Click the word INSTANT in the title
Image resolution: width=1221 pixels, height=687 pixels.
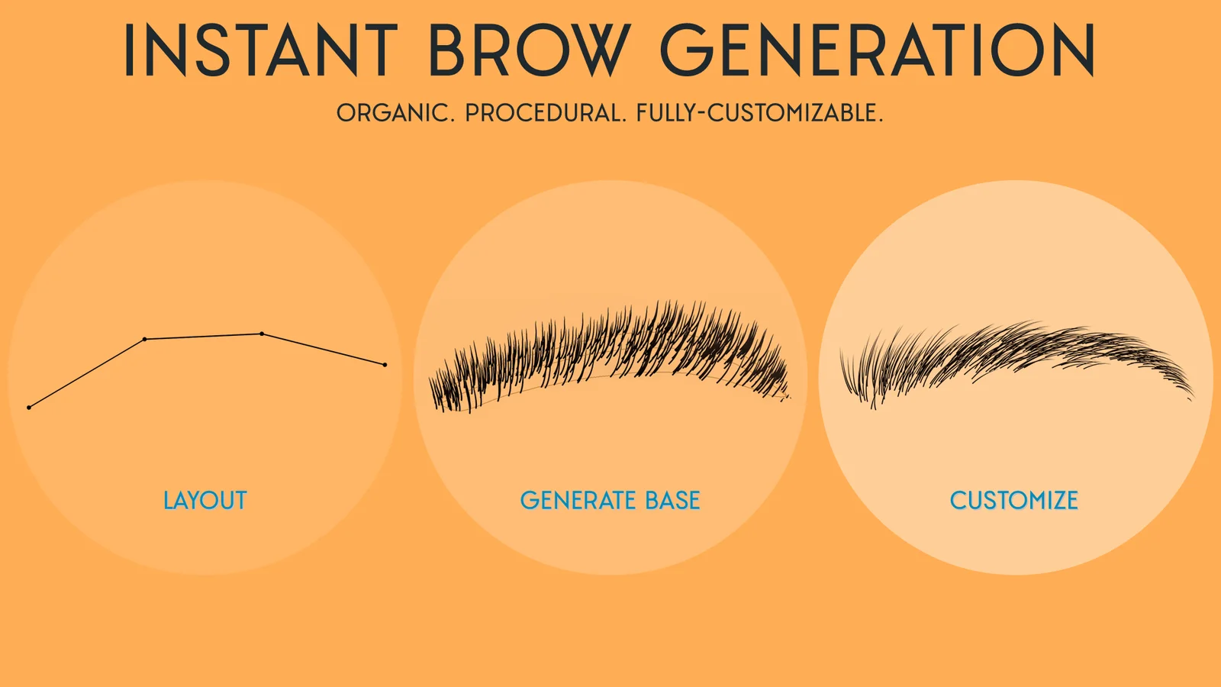click(x=260, y=50)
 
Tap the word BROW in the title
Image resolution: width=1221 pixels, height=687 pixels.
click(x=528, y=50)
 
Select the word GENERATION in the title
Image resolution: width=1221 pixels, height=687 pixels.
click(x=878, y=50)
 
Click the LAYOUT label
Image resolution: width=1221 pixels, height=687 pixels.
click(x=205, y=501)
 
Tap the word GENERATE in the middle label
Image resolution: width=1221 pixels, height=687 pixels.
click(x=578, y=501)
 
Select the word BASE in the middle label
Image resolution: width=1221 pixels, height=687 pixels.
click(x=672, y=501)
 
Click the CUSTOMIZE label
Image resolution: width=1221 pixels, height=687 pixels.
click(x=1013, y=501)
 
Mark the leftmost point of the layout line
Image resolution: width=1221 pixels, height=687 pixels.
click(x=29, y=408)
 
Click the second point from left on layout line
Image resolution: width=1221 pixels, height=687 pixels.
click(x=145, y=339)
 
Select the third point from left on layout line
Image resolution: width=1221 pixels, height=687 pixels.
click(x=262, y=334)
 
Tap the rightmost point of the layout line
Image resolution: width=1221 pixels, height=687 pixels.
click(x=385, y=365)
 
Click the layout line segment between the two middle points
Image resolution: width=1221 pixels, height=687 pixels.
click(x=203, y=337)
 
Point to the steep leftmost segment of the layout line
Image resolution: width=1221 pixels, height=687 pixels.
click(x=87, y=373)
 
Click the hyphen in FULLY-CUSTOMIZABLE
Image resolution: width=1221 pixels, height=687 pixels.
click(x=701, y=114)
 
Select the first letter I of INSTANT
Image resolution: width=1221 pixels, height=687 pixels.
click(x=129, y=50)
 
